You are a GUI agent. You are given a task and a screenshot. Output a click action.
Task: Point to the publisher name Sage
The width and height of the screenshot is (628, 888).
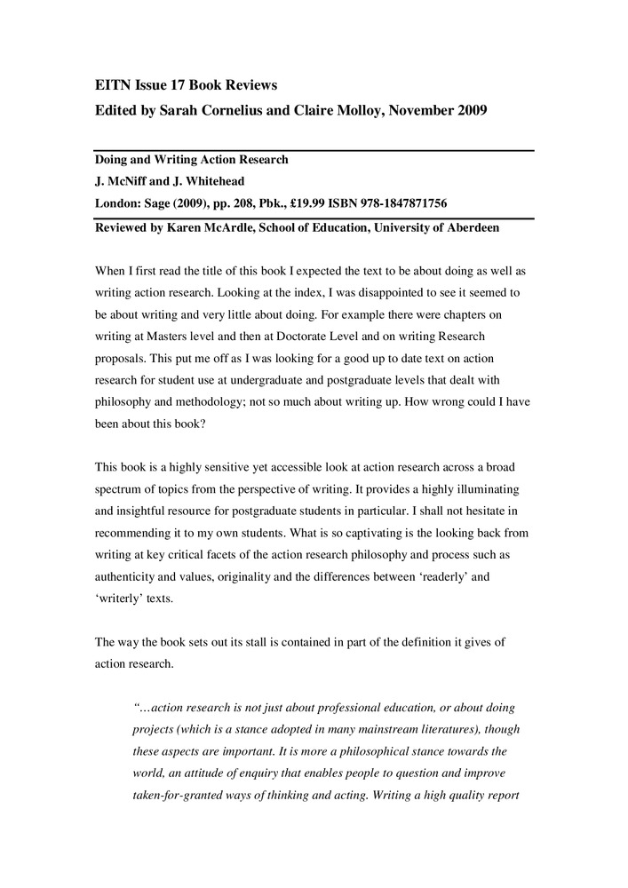point(155,203)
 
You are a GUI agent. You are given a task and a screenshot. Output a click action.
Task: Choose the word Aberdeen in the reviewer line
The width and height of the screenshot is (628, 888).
point(470,228)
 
